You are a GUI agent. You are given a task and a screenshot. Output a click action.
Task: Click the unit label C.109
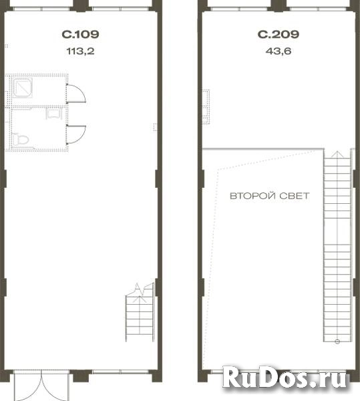(x=80, y=34)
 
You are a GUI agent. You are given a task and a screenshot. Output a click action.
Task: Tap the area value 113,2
(x=81, y=51)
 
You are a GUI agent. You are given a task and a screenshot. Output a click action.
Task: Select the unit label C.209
(x=279, y=34)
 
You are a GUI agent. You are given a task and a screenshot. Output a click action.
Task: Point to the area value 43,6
(x=279, y=51)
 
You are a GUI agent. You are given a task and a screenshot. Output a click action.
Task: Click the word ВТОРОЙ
(x=253, y=196)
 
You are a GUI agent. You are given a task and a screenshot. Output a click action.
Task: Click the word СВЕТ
(x=295, y=196)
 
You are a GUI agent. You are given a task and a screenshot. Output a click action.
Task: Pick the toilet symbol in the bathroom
(x=21, y=140)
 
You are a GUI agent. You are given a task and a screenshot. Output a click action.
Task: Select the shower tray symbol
(x=23, y=88)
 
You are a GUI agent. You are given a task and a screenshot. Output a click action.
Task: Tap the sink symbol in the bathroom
(x=54, y=114)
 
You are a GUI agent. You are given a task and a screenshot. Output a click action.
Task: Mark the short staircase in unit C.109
(x=140, y=313)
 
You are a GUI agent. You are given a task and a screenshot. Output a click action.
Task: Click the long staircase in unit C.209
(x=337, y=246)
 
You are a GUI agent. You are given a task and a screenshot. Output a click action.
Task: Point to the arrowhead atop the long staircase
(x=337, y=154)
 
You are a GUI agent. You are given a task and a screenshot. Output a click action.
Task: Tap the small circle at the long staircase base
(x=337, y=341)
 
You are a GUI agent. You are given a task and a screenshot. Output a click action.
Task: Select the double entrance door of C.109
(x=41, y=385)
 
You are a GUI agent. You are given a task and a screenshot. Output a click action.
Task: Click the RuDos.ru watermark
(x=284, y=378)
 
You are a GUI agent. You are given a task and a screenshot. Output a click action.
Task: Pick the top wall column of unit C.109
(x=81, y=5)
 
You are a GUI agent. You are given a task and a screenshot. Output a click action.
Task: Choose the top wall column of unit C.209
(x=279, y=5)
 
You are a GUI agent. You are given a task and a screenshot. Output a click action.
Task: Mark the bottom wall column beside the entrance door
(x=81, y=376)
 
